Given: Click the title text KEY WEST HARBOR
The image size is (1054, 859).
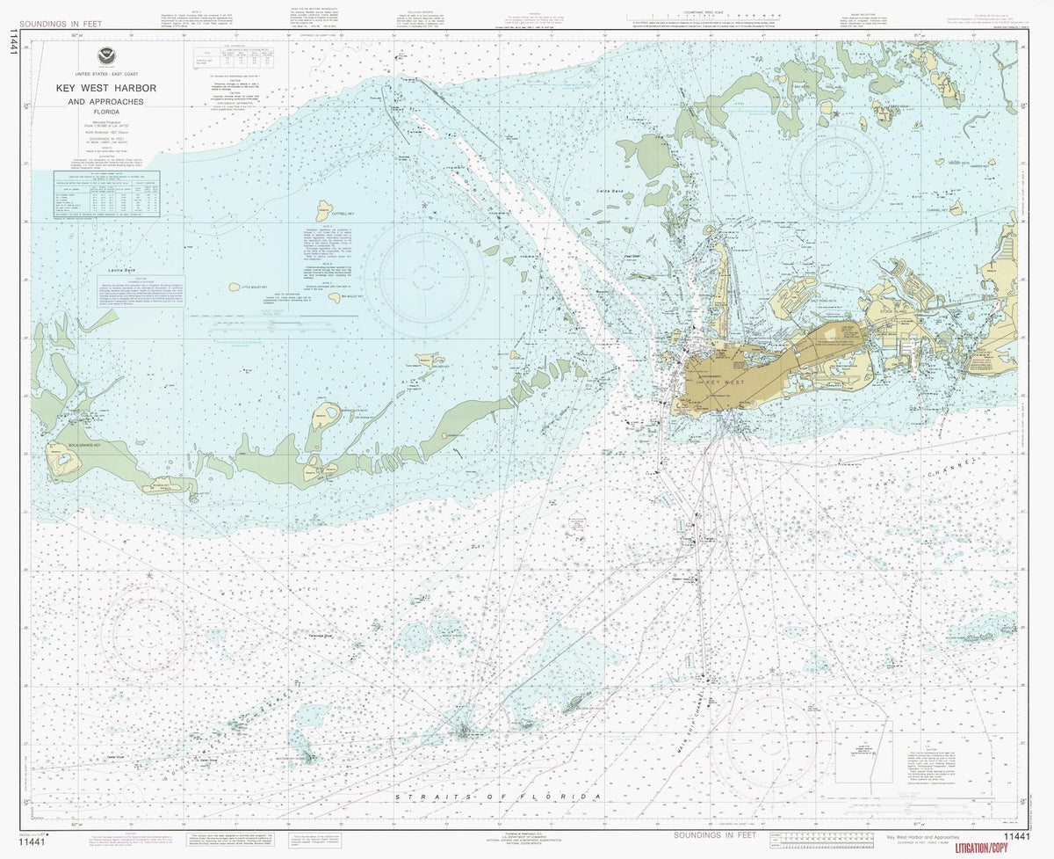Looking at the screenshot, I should click(106, 89).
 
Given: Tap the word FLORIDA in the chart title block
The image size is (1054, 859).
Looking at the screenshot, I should click(106, 112).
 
